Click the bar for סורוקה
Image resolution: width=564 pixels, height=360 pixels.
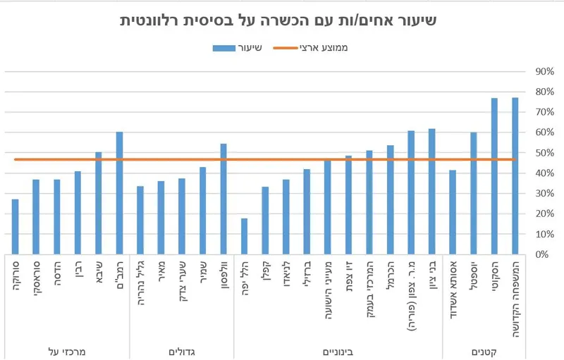tap(16, 227)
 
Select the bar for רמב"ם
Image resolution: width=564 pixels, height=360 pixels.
tap(119, 193)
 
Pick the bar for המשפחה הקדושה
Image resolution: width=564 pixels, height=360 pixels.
tap(515, 175)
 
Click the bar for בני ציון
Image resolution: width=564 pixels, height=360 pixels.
tap(431, 191)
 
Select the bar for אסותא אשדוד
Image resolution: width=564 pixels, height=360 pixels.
tap(453, 212)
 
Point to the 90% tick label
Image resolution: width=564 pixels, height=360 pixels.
tap(545, 72)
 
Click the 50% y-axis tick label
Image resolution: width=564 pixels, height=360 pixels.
tap(545, 153)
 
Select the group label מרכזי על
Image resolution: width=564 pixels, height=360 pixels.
tap(67, 349)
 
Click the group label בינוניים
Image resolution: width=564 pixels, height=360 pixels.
tap(338, 349)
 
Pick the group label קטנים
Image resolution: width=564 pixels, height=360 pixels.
tap(483, 349)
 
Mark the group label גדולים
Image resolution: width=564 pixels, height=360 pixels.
tap(182, 349)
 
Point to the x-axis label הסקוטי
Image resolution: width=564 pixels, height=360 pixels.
tap(493, 276)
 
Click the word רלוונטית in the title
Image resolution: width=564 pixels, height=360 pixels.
tap(166, 20)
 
